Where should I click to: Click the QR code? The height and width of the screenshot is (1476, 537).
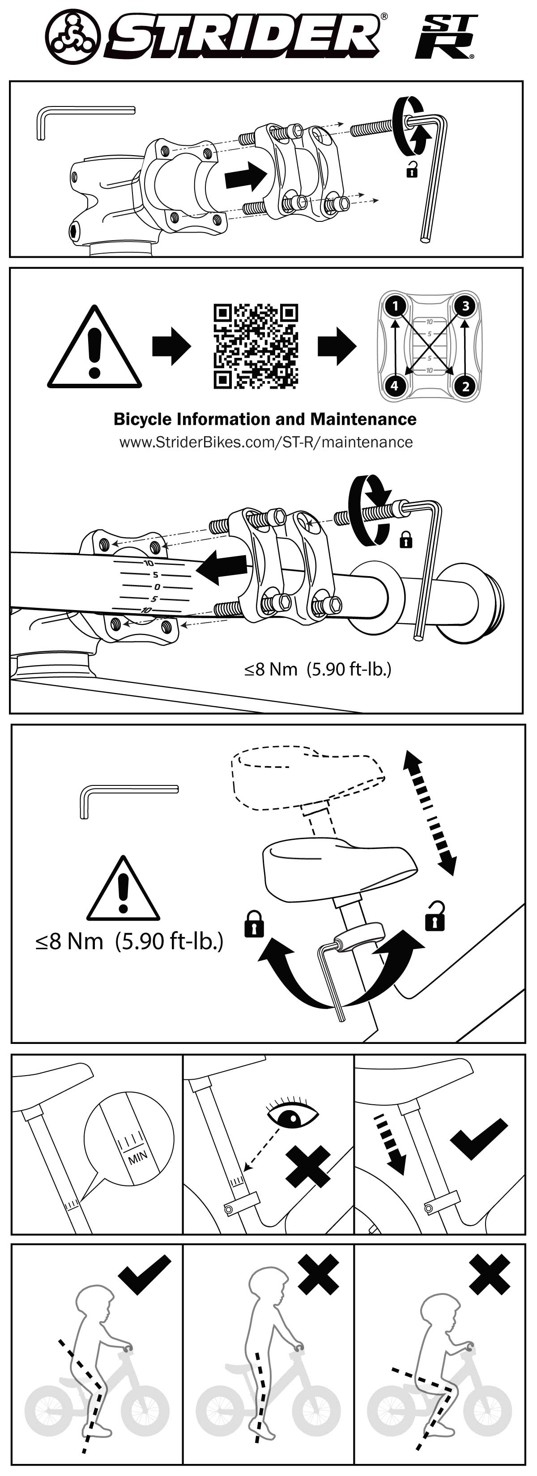coord(256,346)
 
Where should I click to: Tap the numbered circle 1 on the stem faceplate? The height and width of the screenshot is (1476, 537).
coord(394,305)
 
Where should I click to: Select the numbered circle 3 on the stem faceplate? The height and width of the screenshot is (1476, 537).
coord(465,305)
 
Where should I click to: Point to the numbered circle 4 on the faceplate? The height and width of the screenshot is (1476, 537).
coord(394,386)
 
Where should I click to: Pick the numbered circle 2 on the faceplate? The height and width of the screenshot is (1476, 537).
coord(465,386)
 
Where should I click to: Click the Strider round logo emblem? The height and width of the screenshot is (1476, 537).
coord(73,36)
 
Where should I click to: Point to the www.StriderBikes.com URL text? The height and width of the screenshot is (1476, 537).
coord(266,442)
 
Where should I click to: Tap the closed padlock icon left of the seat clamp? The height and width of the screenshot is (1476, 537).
coord(254,924)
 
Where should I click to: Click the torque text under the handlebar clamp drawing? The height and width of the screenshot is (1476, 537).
coord(318,669)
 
